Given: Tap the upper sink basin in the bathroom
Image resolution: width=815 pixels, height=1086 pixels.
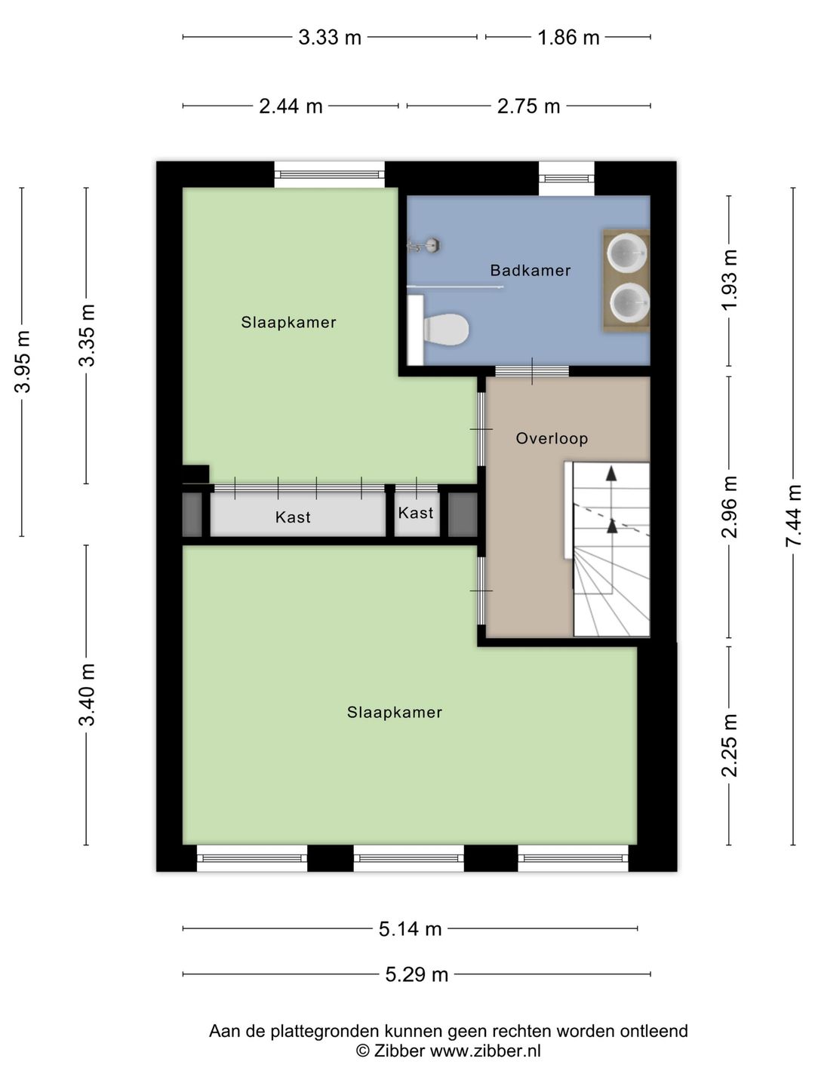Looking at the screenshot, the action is [627, 251].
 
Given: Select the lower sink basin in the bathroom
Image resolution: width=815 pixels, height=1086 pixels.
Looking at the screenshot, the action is [629, 302].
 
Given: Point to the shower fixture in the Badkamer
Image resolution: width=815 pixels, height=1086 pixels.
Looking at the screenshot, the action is [423, 245].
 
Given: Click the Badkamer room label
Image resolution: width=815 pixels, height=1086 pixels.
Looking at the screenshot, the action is [530, 270].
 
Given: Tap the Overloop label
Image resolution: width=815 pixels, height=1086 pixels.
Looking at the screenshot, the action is [552, 438].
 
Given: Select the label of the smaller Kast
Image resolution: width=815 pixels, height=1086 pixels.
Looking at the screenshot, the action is [416, 513].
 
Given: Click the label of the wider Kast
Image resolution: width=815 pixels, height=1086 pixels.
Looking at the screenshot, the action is [293, 517].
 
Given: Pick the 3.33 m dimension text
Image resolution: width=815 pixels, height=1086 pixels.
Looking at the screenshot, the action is [330, 37].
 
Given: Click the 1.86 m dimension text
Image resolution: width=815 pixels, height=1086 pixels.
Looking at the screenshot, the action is [568, 37].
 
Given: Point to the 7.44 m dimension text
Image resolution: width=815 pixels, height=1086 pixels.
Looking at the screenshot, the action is [792, 515].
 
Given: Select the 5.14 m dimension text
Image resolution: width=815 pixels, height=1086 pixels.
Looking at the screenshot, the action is [410, 928].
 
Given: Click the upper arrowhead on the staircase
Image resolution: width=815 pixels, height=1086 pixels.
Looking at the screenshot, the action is [611, 474].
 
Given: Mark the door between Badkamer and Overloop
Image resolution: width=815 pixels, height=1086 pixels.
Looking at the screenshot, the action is [532, 371].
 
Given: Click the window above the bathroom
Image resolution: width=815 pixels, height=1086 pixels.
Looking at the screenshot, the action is [566, 179].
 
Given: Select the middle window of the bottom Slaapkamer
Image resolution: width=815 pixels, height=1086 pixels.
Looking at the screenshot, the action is [409, 858].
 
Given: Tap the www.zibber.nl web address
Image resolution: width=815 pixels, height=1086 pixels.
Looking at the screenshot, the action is [485, 1051].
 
